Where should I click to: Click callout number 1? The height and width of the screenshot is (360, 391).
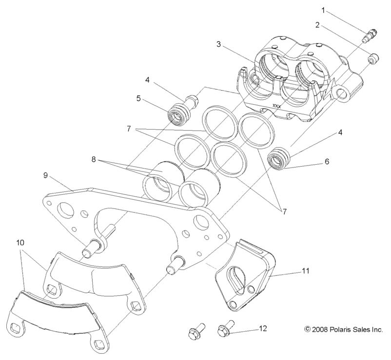(322, 10)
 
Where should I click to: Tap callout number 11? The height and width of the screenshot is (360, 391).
(305, 269)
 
